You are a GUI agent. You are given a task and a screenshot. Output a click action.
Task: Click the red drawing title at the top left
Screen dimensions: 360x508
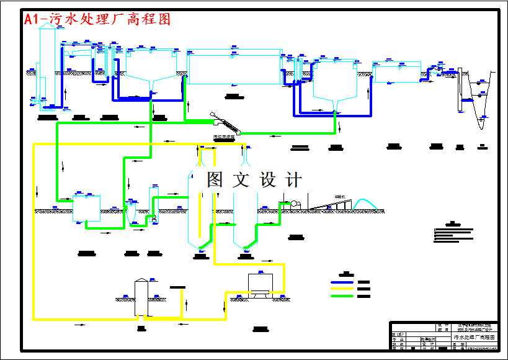point(97,20)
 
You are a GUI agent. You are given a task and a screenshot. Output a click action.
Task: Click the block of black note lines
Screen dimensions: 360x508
point(456,235)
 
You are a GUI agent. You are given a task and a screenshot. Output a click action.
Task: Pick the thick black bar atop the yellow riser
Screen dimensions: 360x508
point(177,287)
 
